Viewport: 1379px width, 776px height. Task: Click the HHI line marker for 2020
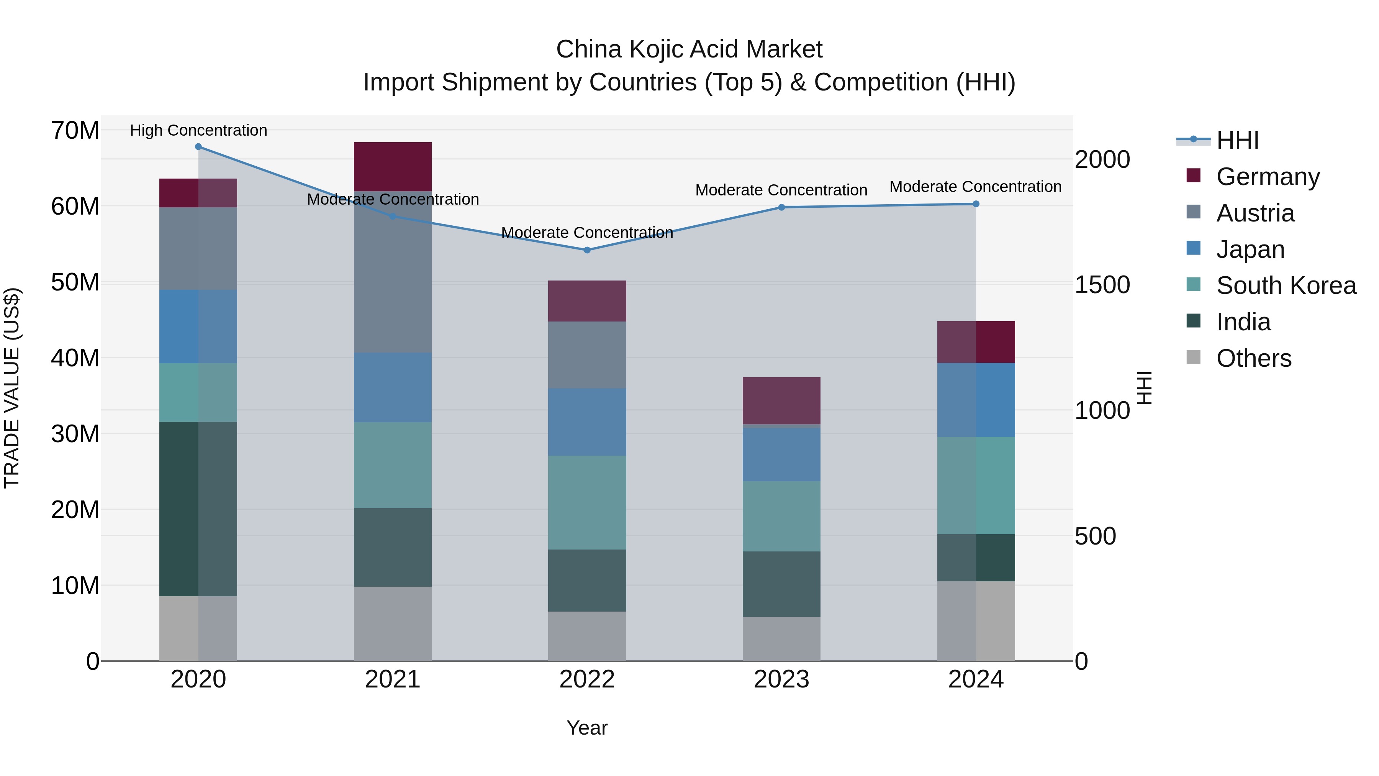198,147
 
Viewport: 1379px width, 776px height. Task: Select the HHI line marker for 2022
587,250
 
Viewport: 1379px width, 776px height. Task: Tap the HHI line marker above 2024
975,204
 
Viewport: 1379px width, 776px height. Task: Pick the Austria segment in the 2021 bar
392,272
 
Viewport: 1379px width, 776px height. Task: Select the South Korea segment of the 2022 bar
587,502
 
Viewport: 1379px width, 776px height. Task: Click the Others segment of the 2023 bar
781,639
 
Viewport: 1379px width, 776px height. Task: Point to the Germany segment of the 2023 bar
781,400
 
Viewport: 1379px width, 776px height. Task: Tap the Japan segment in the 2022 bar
587,422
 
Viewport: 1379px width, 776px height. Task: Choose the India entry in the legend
1243,322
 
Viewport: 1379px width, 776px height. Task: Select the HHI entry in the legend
1237,140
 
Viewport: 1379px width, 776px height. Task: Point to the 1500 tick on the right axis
1102,285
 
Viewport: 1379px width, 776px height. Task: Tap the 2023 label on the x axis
781,679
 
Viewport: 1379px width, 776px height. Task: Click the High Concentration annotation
198,130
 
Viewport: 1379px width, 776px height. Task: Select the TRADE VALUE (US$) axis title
12,388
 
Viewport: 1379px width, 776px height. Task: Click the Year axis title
587,728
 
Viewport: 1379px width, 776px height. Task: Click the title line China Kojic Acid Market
689,49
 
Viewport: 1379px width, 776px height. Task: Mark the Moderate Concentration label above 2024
975,187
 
